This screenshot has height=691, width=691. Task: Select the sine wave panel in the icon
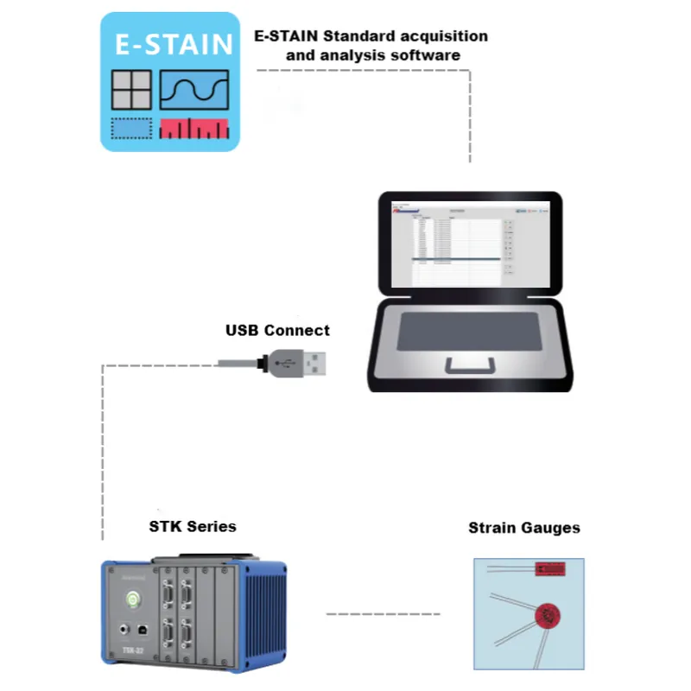[x=194, y=90]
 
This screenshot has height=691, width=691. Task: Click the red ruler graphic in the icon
[x=195, y=129]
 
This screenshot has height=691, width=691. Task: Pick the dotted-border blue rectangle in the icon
[x=131, y=129]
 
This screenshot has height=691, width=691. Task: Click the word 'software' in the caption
[x=428, y=54]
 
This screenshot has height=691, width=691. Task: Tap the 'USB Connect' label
[x=277, y=330]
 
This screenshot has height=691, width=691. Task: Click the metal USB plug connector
[x=310, y=361]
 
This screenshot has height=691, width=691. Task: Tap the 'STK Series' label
[x=192, y=526]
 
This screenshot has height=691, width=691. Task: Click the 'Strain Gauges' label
[x=524, y=527]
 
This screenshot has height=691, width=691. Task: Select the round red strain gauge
[x=546, y=615]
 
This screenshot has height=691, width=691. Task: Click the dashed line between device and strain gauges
[x=383, y=614]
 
